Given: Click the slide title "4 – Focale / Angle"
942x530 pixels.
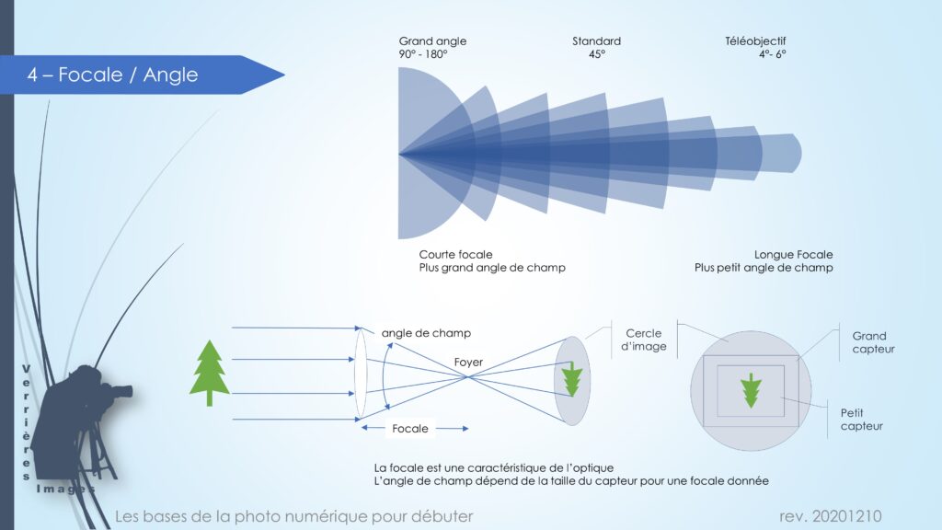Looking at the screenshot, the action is [x=112, y=75].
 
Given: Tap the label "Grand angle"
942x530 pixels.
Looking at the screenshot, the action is [x=432, y=41].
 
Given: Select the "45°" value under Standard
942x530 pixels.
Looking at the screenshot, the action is [x=596, y=54].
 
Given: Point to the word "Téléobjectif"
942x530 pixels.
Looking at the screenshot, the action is [x=755, y=40].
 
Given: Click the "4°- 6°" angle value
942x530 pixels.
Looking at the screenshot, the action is [x=772, y=54].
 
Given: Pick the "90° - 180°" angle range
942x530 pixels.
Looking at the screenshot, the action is [x=423, y=54].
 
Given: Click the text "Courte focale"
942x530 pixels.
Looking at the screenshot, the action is [x=455, y=254].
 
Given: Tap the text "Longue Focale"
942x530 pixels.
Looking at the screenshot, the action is [x=793, y=254].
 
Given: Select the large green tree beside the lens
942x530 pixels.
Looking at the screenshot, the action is [x=209, y=373].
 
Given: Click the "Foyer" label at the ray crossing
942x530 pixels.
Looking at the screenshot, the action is [x=468, y=363].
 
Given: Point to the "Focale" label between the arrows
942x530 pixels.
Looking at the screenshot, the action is [x=409, y=429].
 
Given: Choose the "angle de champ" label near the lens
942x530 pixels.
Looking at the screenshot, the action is [x=426, y=333].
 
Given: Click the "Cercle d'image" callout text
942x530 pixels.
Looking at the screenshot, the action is [x=643, y=340].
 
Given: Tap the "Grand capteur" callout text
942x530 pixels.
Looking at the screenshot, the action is [x=874, y=342].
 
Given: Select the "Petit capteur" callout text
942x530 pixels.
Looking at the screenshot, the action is [x=861, y=420].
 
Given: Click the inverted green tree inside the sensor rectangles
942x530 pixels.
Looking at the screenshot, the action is [x=751, y=390].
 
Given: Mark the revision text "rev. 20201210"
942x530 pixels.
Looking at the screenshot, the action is [x=831, y=516].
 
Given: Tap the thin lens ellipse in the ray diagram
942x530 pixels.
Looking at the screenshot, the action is [x=360, y=374].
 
